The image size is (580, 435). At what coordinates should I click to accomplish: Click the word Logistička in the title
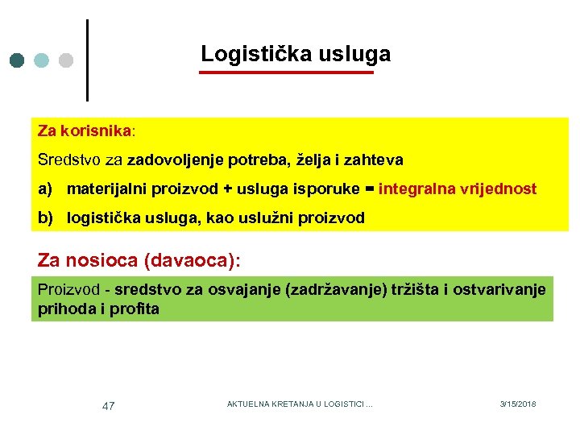[247, 54]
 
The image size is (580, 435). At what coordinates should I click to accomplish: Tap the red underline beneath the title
[287, 72]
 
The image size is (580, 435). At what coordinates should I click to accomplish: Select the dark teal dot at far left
[19, 60]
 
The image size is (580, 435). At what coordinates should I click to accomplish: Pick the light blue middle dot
[43, 60]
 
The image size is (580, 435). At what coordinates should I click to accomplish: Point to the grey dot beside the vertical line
[66, 60]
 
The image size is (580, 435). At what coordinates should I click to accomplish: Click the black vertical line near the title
[86, 60]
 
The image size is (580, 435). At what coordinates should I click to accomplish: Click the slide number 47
[108, 406]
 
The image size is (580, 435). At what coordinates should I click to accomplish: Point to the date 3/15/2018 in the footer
[517, 404]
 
